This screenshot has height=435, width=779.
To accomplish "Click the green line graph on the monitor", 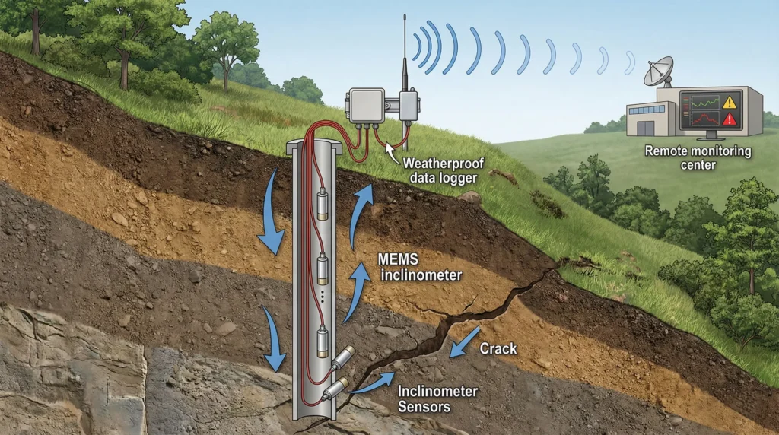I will pos(701,102).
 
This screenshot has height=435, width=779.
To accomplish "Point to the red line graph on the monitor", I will pos(701,119).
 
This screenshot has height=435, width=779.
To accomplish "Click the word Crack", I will pos(498,349).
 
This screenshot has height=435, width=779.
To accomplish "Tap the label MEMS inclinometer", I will pos(419,268).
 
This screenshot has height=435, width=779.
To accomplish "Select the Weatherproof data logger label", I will pos(440,170).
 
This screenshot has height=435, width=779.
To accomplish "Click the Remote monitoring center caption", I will pos(698,157).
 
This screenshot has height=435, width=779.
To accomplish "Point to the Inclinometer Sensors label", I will pos(437,398).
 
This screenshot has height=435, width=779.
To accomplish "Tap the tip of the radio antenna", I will pos(404,17).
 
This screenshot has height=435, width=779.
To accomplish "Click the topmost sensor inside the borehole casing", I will pos(323,204).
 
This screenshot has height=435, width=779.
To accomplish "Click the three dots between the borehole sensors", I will pos(323,300).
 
